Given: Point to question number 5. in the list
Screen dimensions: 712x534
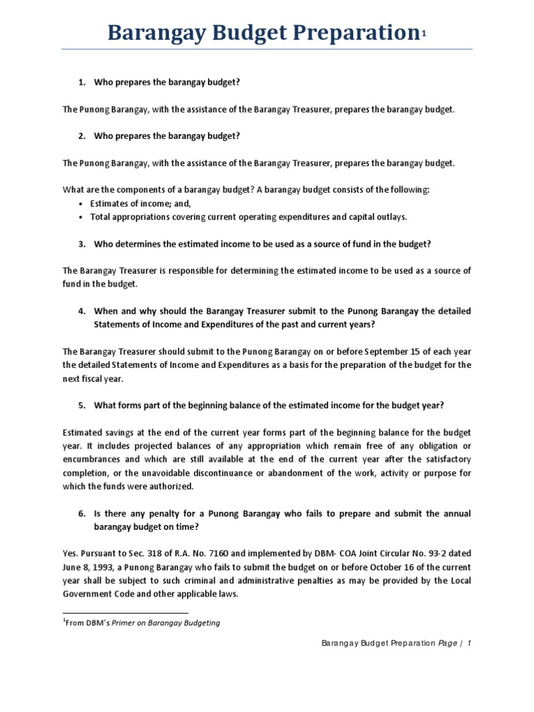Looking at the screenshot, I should point(81,405).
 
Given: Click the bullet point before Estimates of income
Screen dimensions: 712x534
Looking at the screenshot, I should point(81,204).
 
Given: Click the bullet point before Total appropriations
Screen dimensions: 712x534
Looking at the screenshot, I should point(81,217).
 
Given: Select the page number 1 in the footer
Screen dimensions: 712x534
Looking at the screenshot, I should point(469,644).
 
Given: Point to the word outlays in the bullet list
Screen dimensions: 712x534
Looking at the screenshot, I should point(392,217).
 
